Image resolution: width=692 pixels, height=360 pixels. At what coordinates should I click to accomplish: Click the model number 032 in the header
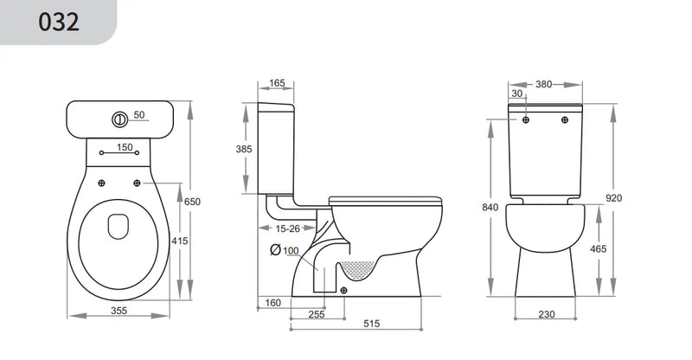click(59, 22)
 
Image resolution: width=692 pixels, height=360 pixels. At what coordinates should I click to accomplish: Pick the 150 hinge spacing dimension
click(125, 148)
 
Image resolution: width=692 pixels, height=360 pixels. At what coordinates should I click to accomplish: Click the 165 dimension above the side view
click(277, 84)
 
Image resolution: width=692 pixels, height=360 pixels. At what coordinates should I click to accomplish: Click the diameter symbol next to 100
click(274, 250)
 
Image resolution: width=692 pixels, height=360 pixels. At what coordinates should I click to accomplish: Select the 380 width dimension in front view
click(543, 84)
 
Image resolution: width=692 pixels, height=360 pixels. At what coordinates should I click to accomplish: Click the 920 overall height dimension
click(614, 198)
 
